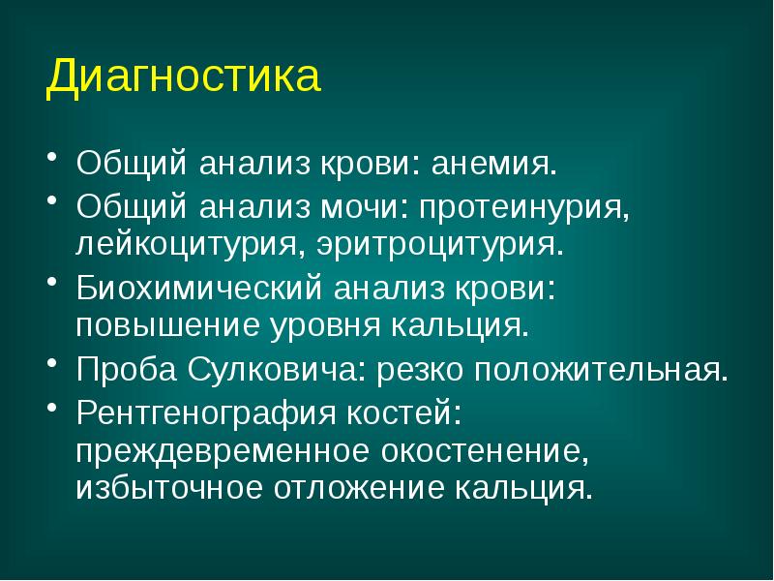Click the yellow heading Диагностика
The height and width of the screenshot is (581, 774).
pyautogui.click(x=183, y=76)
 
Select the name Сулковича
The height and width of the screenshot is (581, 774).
pyautogui.click(x=271, y=370)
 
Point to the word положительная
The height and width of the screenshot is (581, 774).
pyautogui.click(x=595, y=370)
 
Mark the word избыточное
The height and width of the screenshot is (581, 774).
pyautogui.click(x=172, y=485)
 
